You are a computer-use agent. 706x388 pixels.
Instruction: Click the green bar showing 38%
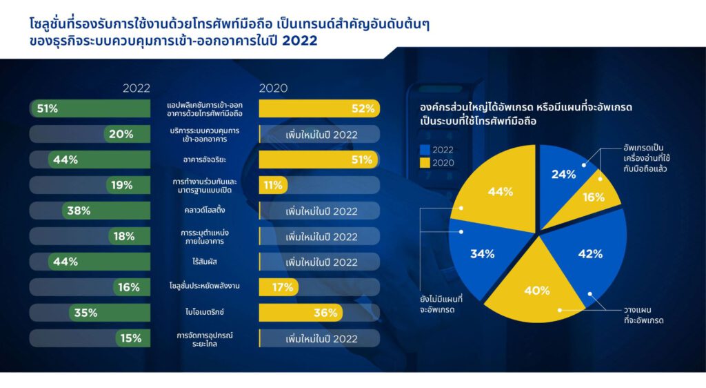tap(106, 211)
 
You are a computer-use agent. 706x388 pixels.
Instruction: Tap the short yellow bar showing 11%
tap(273, 185)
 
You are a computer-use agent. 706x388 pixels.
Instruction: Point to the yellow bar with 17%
tap(279, 287)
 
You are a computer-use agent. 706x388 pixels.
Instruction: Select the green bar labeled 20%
tap(128, 134)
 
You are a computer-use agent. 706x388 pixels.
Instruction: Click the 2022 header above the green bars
tap(137, 88)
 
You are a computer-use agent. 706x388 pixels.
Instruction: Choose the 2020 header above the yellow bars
tap(274, 88)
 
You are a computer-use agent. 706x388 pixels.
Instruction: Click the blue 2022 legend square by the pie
tap(425, 150)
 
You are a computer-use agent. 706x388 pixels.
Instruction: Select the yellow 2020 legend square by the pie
tap(425, 162)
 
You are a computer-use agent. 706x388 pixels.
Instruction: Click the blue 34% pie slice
tap(483, 253)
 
